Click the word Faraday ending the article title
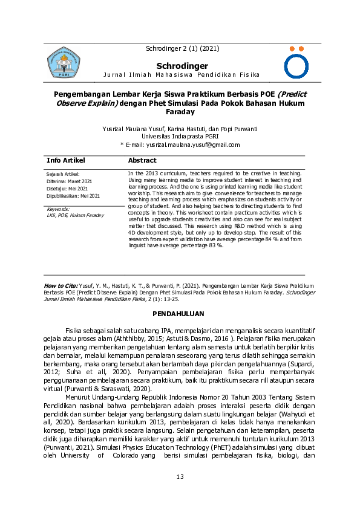click(180, 112)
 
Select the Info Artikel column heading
click(66, 161)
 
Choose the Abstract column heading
click(142, 161)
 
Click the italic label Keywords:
click(58, 209)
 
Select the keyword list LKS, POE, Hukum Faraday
click(75, 215)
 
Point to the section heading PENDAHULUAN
click(180, 314)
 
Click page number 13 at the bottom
click(180, 477)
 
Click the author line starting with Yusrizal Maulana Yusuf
click(180, 129)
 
